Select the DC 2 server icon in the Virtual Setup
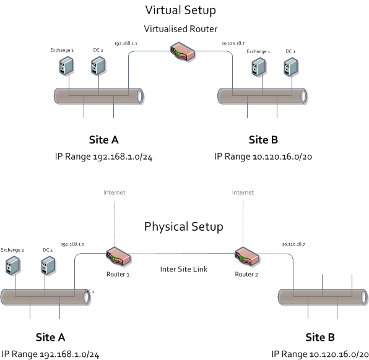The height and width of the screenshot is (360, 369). (x=97, y=66)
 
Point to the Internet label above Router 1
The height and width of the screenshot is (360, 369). (x=114, y=192)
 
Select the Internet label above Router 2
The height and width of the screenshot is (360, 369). (x=243, y=192)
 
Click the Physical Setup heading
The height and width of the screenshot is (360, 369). (x=183, y=226)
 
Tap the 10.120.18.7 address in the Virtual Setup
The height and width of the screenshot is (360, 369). (x=233, y=43)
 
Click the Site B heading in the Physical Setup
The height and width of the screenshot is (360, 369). (x=320, y=337)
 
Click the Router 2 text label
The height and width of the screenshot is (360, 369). (x=246, y=273)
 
